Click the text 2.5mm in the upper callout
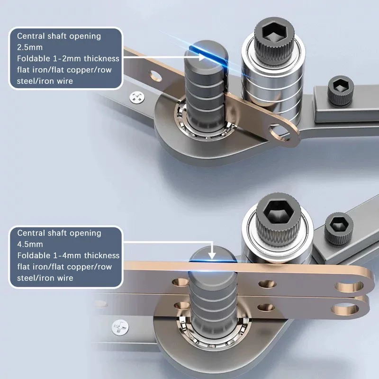click(x=30, y=47)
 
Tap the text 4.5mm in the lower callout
click(x=30, y=244)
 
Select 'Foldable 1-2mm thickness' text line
click(x=68, y=58)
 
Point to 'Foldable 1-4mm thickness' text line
click(x=68, y=255)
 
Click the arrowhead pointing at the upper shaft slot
click(x=202, y=57)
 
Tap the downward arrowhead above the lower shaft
click(x=212, y=255)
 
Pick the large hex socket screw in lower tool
click(x=278, y=219)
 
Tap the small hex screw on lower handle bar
click(x=339, y=229)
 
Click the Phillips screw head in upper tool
click(x=137, y=98)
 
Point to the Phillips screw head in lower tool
click(x=120, y=327)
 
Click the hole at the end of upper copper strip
click(x=280, y=132)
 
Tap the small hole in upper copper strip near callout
click(x=156, y=76)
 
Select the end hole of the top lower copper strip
click(x=349, y=287)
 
